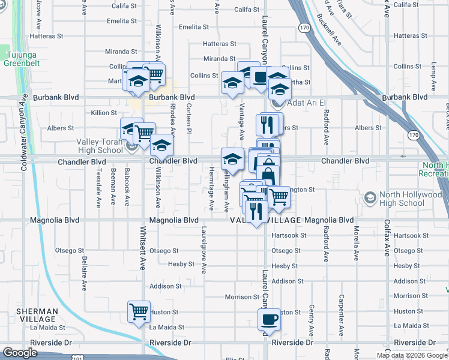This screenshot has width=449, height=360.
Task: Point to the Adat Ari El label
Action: (x=306, y=103)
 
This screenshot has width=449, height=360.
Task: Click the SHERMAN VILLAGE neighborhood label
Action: (x=37, y=316)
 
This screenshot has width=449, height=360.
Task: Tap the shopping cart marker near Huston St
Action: (x=139, y=312)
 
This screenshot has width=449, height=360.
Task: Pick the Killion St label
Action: (x=104, y=113)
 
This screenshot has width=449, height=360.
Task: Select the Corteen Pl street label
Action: (x=188, y=118)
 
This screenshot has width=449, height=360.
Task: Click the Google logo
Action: (x=20, y=353)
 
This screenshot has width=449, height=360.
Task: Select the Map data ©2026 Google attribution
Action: (x=411, y=355)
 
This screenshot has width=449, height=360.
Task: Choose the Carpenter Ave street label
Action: (x=341, y=316)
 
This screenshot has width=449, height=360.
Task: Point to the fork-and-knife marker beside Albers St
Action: (x=267, y=124)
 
